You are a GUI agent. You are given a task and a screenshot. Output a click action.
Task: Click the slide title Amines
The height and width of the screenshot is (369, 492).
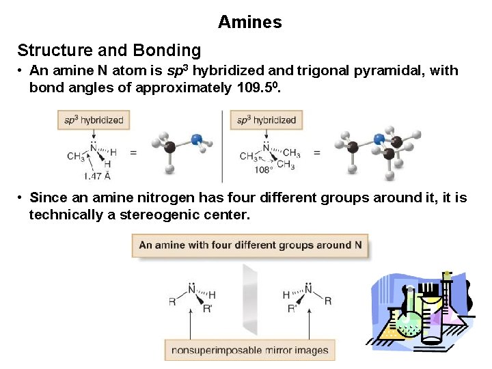[x=249, y=22]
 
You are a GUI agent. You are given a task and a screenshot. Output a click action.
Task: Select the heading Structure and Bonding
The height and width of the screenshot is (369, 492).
[x=109, y=51]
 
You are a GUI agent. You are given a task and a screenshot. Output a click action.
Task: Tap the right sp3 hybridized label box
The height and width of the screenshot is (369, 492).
[x=266, y=120]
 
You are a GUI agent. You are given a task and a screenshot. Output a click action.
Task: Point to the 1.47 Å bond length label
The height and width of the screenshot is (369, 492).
[x=98, y=176]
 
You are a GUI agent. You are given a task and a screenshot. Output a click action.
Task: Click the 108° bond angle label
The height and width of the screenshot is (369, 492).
[x=263, y=169]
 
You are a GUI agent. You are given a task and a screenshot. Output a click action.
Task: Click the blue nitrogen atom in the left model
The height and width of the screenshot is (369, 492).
[x=197, y=140]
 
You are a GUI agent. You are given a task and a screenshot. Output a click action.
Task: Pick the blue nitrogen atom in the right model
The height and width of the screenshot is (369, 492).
[x=379, y=139]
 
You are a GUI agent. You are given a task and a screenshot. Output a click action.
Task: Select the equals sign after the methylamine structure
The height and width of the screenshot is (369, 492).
[x=133, y=152]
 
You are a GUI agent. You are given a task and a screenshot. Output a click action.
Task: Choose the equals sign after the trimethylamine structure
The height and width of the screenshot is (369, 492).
[x=317, y=152]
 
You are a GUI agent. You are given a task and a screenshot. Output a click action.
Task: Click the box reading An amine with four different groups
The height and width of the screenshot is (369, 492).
[x=250, y=245]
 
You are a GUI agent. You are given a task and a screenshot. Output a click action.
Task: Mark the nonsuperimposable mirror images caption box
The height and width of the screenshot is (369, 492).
[x=250, y=351]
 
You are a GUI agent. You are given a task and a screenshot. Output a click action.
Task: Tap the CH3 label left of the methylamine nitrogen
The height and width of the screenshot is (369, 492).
[x=75, y=156]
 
